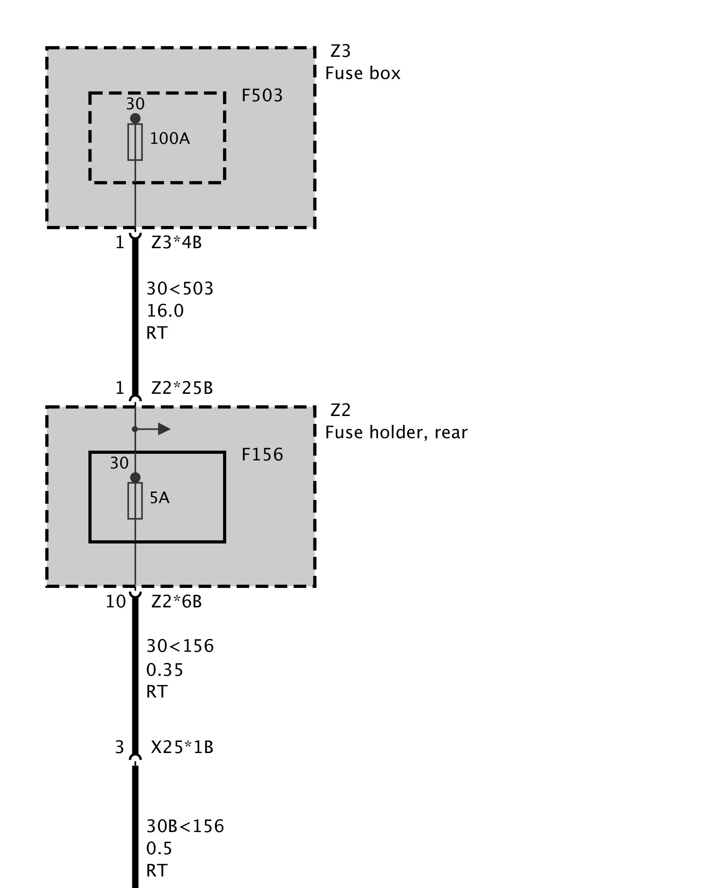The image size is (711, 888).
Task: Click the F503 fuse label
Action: click(x=262, y=95)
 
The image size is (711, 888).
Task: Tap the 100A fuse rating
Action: click(x=169, y=139)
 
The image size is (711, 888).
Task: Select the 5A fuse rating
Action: click(x=160, y=498)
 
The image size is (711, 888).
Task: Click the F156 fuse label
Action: click(x=262, y=455)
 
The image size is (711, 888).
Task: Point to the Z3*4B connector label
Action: click(x=176, y=243)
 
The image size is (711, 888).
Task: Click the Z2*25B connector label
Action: click(x=182, y=388)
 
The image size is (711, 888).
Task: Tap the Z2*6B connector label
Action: click(x=176, y=602)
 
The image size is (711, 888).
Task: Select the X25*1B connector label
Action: click(x=182, y=748)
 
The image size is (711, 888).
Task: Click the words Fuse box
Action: click(x=363, y=73)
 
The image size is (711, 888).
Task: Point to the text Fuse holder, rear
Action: click(x=396, y=432)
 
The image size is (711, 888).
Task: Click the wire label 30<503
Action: click(x=180, y=289)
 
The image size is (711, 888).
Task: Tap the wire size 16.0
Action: click(x=165, y=311)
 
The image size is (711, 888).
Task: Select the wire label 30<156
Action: click(x=180, y=646)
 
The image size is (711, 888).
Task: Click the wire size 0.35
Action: click(x=164, y=670)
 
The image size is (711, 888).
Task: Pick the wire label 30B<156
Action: click(x=185, y=826)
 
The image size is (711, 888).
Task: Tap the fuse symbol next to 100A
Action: click(x=135, y=142)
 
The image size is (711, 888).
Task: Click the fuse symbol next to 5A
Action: click(x=135, y=501)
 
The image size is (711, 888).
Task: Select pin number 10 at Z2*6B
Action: click(x=116, y=602)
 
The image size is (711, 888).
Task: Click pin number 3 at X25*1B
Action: click(x=120, y=748)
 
